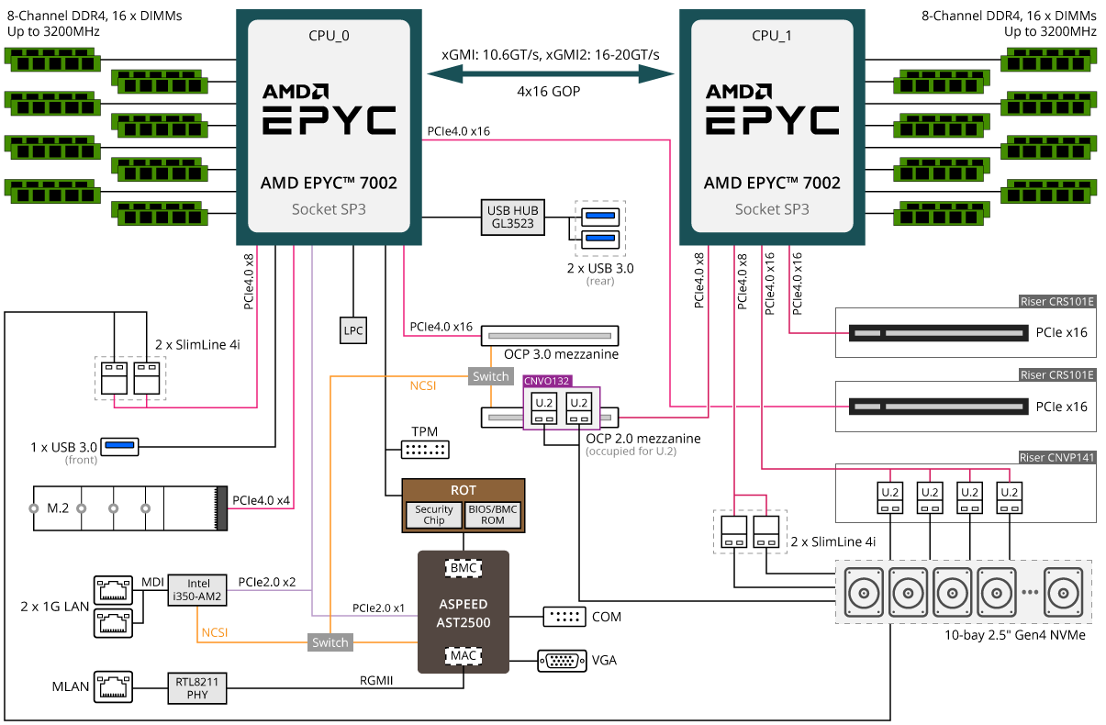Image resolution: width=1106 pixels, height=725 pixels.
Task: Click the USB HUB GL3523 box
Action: point(512,217)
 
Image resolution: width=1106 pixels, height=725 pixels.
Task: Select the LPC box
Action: point(353,330)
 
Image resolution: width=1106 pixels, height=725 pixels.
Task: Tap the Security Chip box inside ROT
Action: point(433,515)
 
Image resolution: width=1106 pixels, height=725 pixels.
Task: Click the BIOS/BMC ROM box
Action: point(493,515)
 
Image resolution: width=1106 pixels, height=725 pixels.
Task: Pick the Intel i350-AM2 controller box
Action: point(197,590)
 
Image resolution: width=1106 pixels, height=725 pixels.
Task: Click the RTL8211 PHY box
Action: point(197,688)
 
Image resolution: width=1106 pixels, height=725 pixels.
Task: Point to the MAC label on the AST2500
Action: point(464,656)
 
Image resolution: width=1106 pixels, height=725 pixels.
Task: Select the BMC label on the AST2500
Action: point(464,568)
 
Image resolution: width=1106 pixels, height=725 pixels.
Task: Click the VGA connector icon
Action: point(563,661)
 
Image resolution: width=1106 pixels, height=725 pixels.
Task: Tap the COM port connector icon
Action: point(564,617)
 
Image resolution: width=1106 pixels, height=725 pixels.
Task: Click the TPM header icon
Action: point(425,450)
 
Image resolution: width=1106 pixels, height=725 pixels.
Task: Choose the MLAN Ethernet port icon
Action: point(113,686)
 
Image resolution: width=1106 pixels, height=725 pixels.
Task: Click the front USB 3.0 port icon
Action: point(119,447)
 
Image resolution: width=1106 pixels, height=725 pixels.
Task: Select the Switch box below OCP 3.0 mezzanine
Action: point(491,376)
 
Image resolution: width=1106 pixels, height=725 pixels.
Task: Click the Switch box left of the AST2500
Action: point(330,642)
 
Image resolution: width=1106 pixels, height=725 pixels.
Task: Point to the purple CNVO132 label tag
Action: point(547,381)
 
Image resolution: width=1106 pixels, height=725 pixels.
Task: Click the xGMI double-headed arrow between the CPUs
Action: point(551,74)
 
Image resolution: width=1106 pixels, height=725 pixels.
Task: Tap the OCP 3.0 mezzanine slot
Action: point(550,336)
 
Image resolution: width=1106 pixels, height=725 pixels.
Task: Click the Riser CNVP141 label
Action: point(1057,458)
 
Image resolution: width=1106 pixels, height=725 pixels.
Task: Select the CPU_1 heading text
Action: point(772,36)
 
